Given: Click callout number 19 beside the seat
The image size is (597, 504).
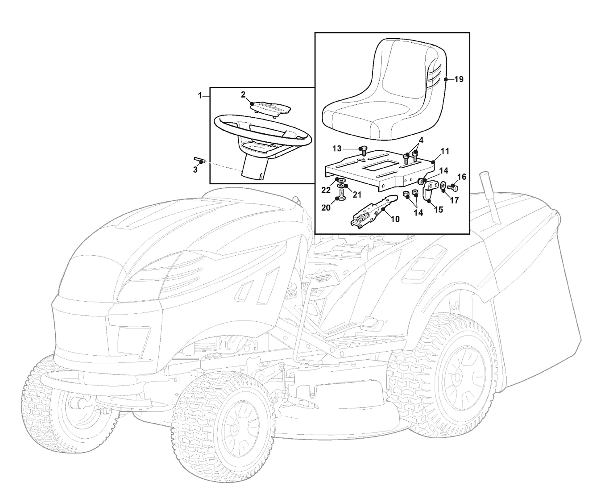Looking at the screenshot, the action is pyautogui.click(x=459, y=79).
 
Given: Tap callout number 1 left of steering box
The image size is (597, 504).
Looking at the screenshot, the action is pyautogui.click(x=200, y=96).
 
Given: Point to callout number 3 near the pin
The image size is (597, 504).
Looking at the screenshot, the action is pyautogui.click(x=195, y=170).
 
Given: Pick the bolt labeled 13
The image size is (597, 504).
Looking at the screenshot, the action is pyautogui.click(x=363, y=150).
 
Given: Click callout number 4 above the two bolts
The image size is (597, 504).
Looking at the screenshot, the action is pyautogui.click(x=421, y=140).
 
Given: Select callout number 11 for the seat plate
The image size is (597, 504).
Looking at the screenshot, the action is pyautogui.click(x=445, y=151).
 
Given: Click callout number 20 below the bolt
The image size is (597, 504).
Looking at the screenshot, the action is pyautogui.click(x=326, y=208).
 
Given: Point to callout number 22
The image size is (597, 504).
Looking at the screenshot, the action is pyautogui.click(x=326, y=190).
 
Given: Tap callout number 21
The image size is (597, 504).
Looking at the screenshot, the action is pyautogui.click(x=357, y=194).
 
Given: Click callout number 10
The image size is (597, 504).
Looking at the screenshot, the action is pyautogui.click(x=395, y=219).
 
